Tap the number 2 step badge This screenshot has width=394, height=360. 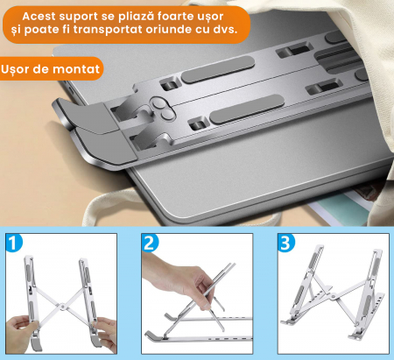click(x=150, y=243)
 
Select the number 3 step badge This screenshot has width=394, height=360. click(x=286, y=243)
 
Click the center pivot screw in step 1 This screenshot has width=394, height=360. click(x=61, y=307)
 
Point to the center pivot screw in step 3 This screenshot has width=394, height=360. click(x=334, y=296)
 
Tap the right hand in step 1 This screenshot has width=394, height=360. click(x=106, y=333)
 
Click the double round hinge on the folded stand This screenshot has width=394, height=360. click(x=163, y=109)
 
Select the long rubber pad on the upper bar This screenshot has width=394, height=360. click(x=218, y=69)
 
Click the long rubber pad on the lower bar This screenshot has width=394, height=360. click(x=247, y=109)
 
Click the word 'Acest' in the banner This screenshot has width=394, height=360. click(x=39, y=17)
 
